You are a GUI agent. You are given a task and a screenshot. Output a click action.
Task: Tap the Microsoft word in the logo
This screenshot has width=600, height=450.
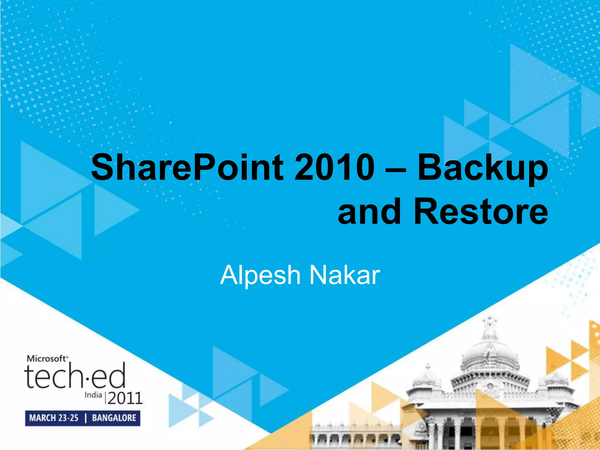pos(47,359)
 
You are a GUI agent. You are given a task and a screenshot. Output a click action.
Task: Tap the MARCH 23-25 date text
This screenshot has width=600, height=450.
pos(54,418)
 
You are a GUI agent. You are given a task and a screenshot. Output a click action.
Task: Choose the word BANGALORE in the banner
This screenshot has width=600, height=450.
pos(114,418)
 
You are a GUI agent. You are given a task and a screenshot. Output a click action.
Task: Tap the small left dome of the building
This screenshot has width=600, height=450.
pos(428,378)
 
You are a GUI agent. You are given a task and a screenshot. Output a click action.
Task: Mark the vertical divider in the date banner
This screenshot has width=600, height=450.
pos(86,418)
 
